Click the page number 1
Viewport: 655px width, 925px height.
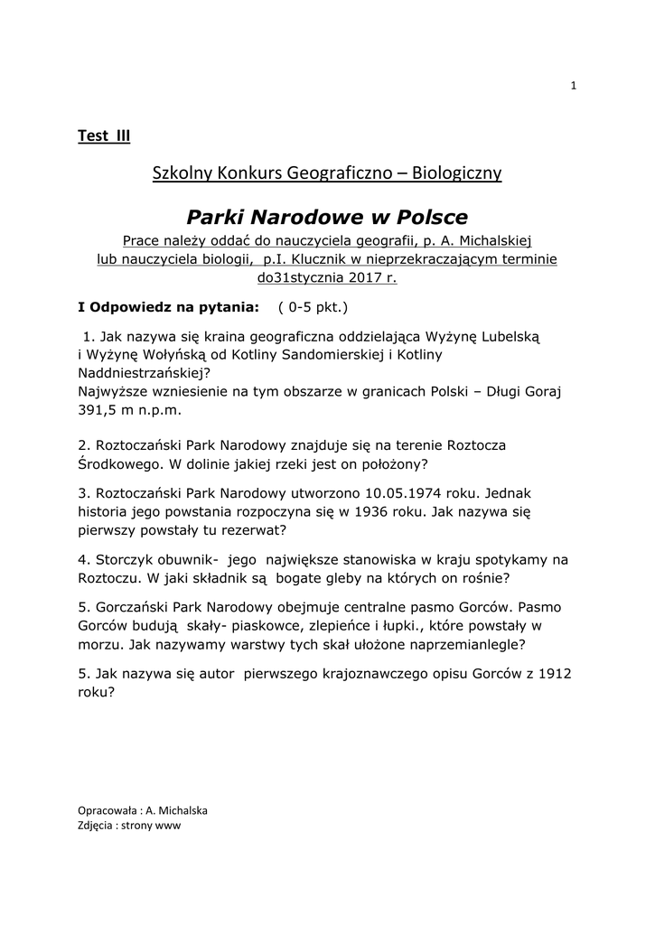[573, 86]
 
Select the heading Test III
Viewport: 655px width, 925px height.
[104, 136]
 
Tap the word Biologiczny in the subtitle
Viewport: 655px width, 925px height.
[457, 172]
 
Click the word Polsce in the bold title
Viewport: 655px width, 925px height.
[425, 218]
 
